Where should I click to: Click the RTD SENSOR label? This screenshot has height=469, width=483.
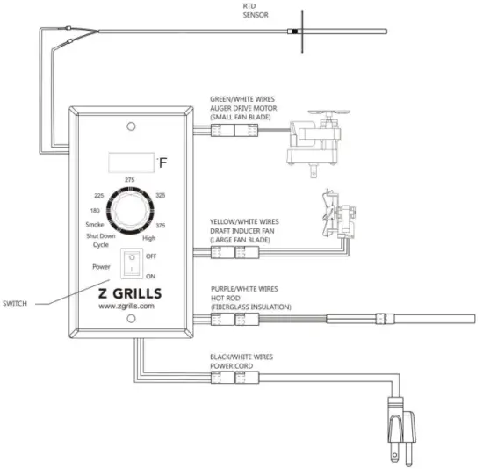click(x=256, y=11)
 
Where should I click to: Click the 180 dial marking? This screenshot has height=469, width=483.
click(x=95, y=212)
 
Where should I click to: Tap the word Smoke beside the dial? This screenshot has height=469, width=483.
click(x=94, y=226)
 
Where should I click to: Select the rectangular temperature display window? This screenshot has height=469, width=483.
click(x=130, y=162)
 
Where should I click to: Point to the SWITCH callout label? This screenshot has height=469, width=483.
click(x=16, y=303)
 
